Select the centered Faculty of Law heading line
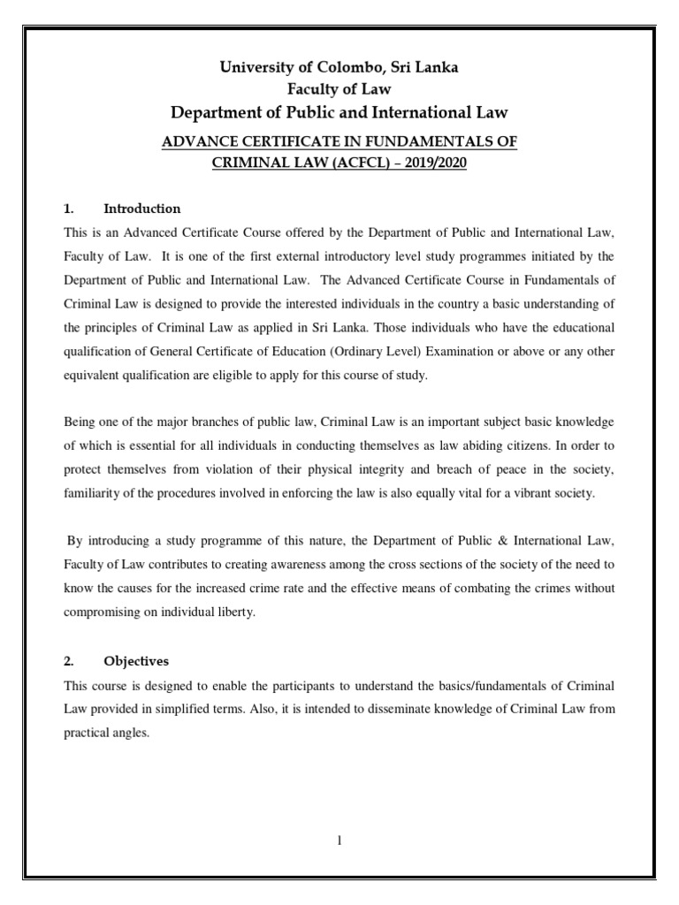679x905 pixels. tap(339, 89)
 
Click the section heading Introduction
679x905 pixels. tap(142, 209)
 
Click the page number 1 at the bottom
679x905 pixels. tap(339, 840)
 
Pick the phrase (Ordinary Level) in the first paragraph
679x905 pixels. tap(403, 351)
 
